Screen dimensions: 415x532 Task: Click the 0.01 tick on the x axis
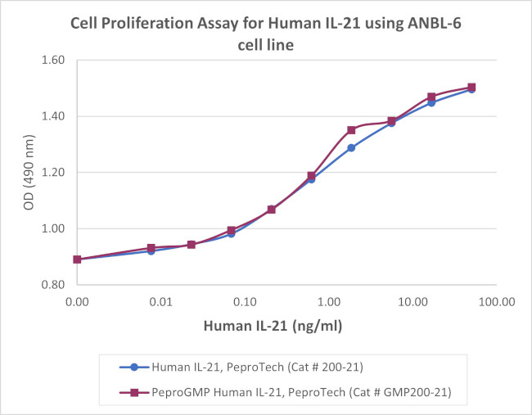tap(161, 302)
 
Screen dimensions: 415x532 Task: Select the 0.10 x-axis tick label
tap(245, 302)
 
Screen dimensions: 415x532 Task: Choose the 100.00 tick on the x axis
tap(494, 302)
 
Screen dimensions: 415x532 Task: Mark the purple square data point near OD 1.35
tap(351, 130)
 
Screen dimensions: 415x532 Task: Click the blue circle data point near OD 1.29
tap(351, 148)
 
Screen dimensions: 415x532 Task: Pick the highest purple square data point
tap(471, 88)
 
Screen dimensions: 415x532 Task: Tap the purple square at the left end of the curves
tap(77, 259)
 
